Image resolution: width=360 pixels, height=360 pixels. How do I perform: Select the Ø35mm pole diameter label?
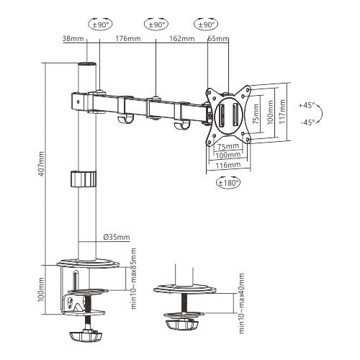click(x=116, y=237)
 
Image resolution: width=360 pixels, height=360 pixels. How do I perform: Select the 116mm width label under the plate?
click(x=228, y=165)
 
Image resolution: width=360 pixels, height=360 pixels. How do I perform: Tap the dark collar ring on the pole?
click(x=85, y=179)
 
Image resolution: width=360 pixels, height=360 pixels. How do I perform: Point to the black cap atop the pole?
click(x=86, y=66)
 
